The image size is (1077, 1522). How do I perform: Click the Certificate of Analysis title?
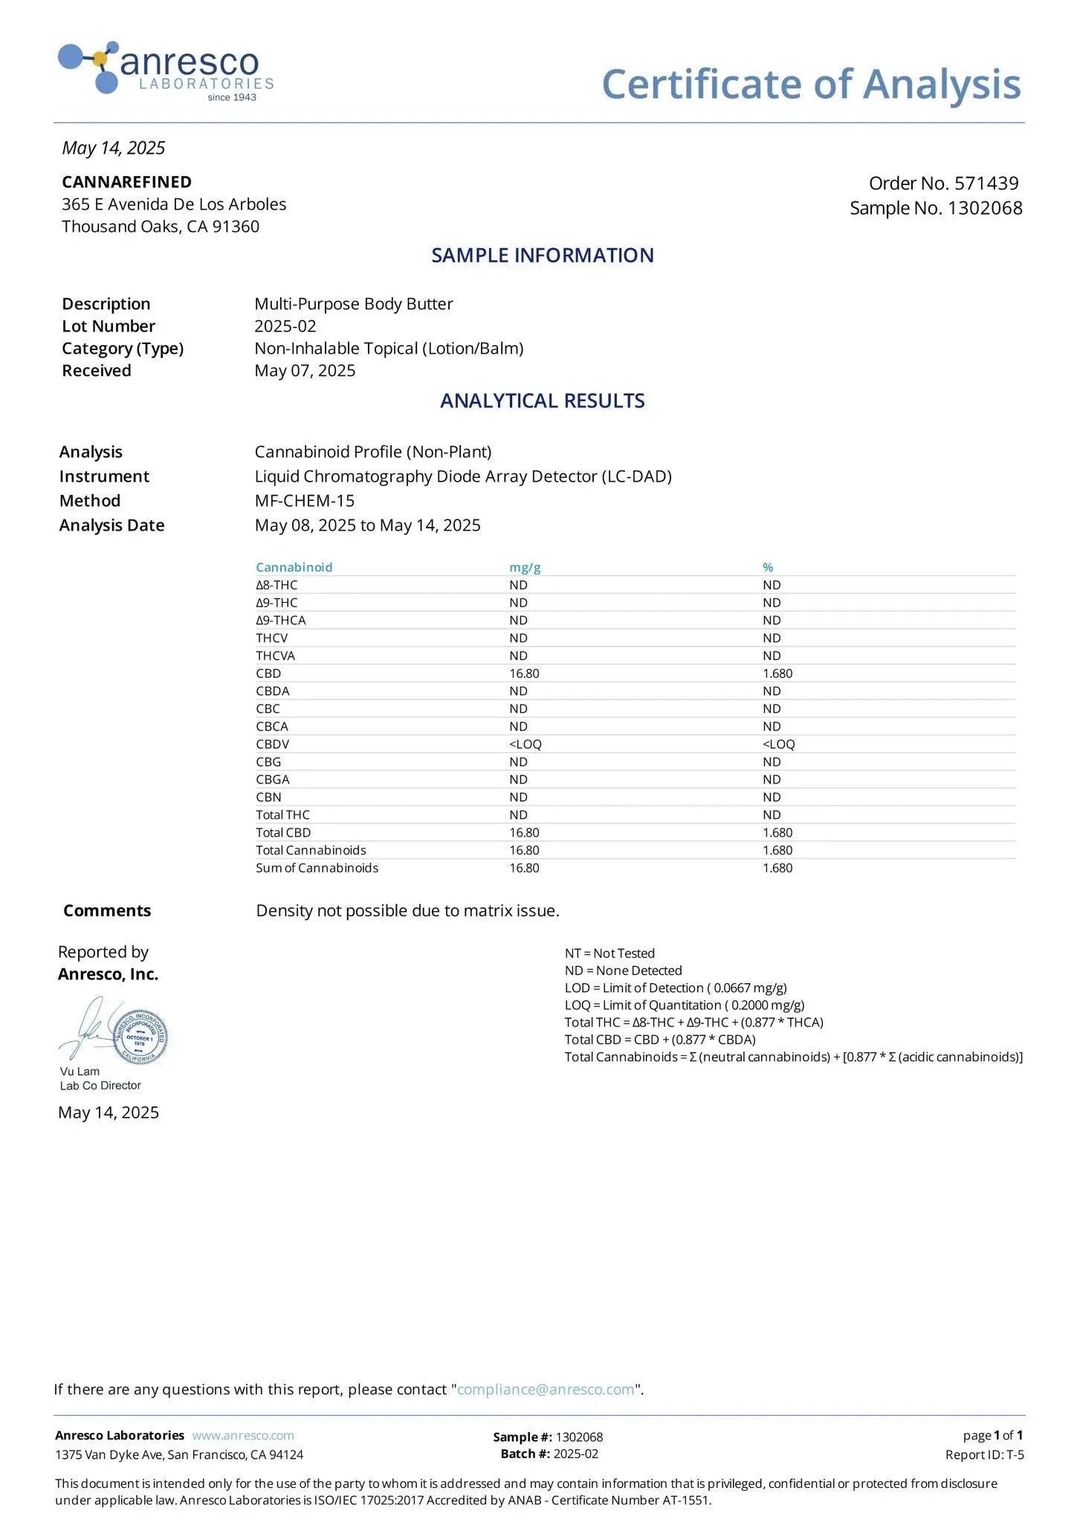811,84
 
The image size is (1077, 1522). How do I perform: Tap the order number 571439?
986,184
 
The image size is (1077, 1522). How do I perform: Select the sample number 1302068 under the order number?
985,208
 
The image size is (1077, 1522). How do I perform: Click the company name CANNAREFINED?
126,182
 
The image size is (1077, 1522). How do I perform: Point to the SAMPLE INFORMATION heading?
543,256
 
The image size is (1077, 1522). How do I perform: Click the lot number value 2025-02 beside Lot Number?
285,326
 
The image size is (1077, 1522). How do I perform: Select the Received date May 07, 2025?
305,371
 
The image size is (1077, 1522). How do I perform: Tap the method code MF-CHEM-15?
304,501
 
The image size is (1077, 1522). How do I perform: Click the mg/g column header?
525,567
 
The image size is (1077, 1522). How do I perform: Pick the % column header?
768,567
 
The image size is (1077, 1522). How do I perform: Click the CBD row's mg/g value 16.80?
524,673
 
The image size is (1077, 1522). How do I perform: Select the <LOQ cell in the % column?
778,744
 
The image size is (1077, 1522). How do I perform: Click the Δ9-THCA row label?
280,621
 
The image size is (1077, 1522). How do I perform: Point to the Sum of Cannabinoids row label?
317,868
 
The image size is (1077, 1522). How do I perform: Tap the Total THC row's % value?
772,815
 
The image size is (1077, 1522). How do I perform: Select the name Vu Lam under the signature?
80,1072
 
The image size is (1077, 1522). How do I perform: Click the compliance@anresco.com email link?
546,1390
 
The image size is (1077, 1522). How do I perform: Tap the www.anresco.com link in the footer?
242,1436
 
